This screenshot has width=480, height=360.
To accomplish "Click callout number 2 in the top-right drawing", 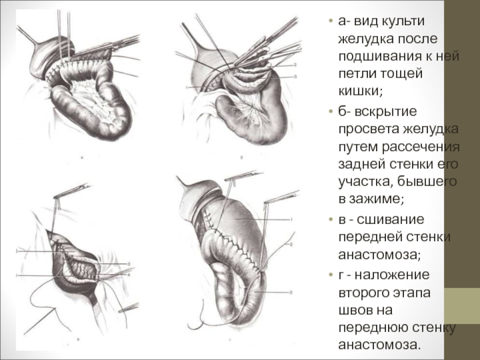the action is click(295, 64).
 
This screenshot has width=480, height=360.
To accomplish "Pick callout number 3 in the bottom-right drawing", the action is click(290, 292).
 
